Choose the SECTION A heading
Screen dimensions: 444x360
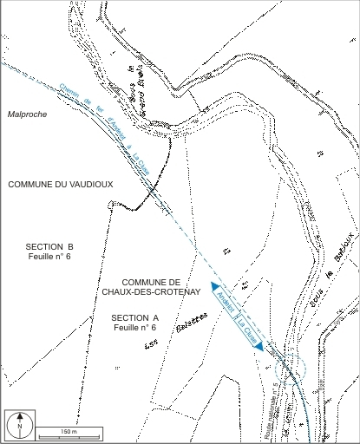tap(136, 317)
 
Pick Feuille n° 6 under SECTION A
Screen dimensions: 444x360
tap(134, 328)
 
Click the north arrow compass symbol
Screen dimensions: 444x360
tap(18, 425)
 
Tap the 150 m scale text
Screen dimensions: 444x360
tap(69, 431)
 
